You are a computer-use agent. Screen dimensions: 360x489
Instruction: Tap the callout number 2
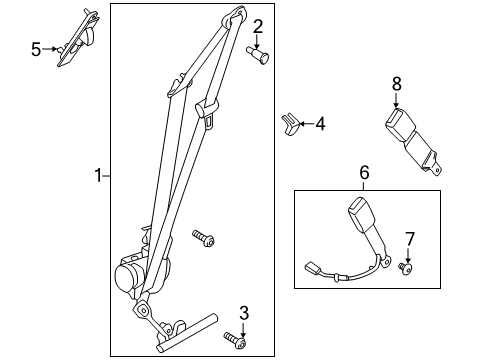click(x=257, y=27)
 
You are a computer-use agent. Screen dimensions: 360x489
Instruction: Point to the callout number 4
click(x=320, y=125)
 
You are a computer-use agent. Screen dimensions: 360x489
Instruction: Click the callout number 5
click(x=36, y=48)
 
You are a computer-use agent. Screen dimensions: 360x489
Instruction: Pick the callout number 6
click(x=364, y=173)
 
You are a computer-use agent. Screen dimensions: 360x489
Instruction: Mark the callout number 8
click(x=396, y=85)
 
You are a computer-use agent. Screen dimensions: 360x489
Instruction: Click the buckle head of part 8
click(x=392, y=125)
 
